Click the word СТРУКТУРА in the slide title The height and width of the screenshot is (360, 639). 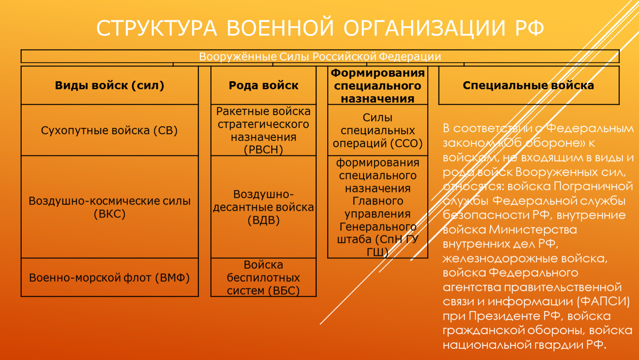click(157, 28)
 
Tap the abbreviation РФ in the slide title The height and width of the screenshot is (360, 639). click(529, 28)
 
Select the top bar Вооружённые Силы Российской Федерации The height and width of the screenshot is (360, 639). click(320, 56)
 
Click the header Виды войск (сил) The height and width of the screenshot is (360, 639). click(110, 85)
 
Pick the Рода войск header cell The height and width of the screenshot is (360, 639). click(263, 85)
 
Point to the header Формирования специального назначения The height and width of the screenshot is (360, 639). click(378, 85)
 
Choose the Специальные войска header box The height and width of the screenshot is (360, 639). click(529, 85)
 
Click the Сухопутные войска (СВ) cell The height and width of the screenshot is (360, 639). click(110, 130)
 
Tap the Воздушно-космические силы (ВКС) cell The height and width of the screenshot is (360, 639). click(110, 207)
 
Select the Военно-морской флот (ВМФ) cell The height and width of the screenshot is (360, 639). click(110, 277)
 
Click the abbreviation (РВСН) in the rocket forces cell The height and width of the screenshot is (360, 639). click(263, 150)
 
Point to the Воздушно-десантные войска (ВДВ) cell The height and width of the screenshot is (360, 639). click(263, 207)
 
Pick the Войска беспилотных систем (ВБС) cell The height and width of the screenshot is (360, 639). click(263, 277)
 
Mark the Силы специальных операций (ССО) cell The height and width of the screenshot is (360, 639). click(378, 130)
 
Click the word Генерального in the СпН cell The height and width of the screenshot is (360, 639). click(378, 227)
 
